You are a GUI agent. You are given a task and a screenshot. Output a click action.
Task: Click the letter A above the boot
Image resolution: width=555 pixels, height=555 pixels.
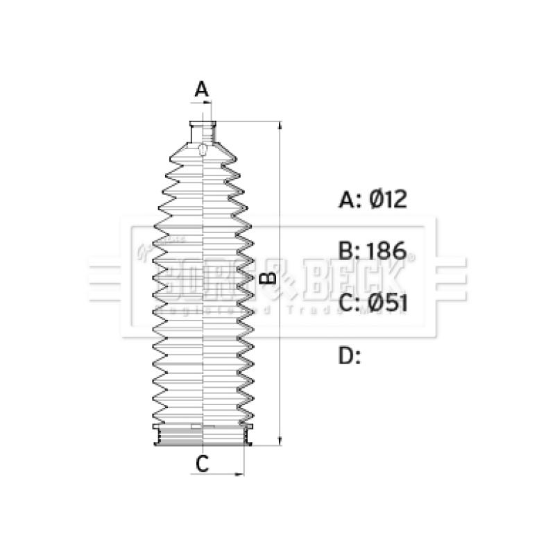tap(201, 89)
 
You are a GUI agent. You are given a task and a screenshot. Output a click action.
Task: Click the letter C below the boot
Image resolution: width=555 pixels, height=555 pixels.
tap(201, 464)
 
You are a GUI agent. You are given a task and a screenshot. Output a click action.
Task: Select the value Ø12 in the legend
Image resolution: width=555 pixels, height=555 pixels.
tap(387, 200)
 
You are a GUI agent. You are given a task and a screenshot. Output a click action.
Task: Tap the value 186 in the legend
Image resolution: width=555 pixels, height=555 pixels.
tap(387, 251)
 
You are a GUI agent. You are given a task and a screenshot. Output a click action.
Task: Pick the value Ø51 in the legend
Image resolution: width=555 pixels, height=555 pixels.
tap(387, 302)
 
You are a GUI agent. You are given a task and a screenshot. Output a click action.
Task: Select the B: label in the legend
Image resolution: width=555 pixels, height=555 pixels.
tap(350, 251)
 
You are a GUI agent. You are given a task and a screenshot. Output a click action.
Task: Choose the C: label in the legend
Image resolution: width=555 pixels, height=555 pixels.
tap(350, 302)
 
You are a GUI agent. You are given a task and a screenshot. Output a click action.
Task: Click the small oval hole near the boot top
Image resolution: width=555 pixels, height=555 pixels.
tap(203, 150)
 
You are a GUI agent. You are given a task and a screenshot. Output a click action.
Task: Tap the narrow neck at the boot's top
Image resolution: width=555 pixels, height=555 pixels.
tap(203, 130)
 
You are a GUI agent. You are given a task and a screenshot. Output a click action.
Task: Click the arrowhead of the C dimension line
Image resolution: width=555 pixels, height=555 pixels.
tap(241, 475)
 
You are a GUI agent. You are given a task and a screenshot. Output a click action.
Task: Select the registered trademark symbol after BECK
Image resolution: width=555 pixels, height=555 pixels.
tap(409, 257)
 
